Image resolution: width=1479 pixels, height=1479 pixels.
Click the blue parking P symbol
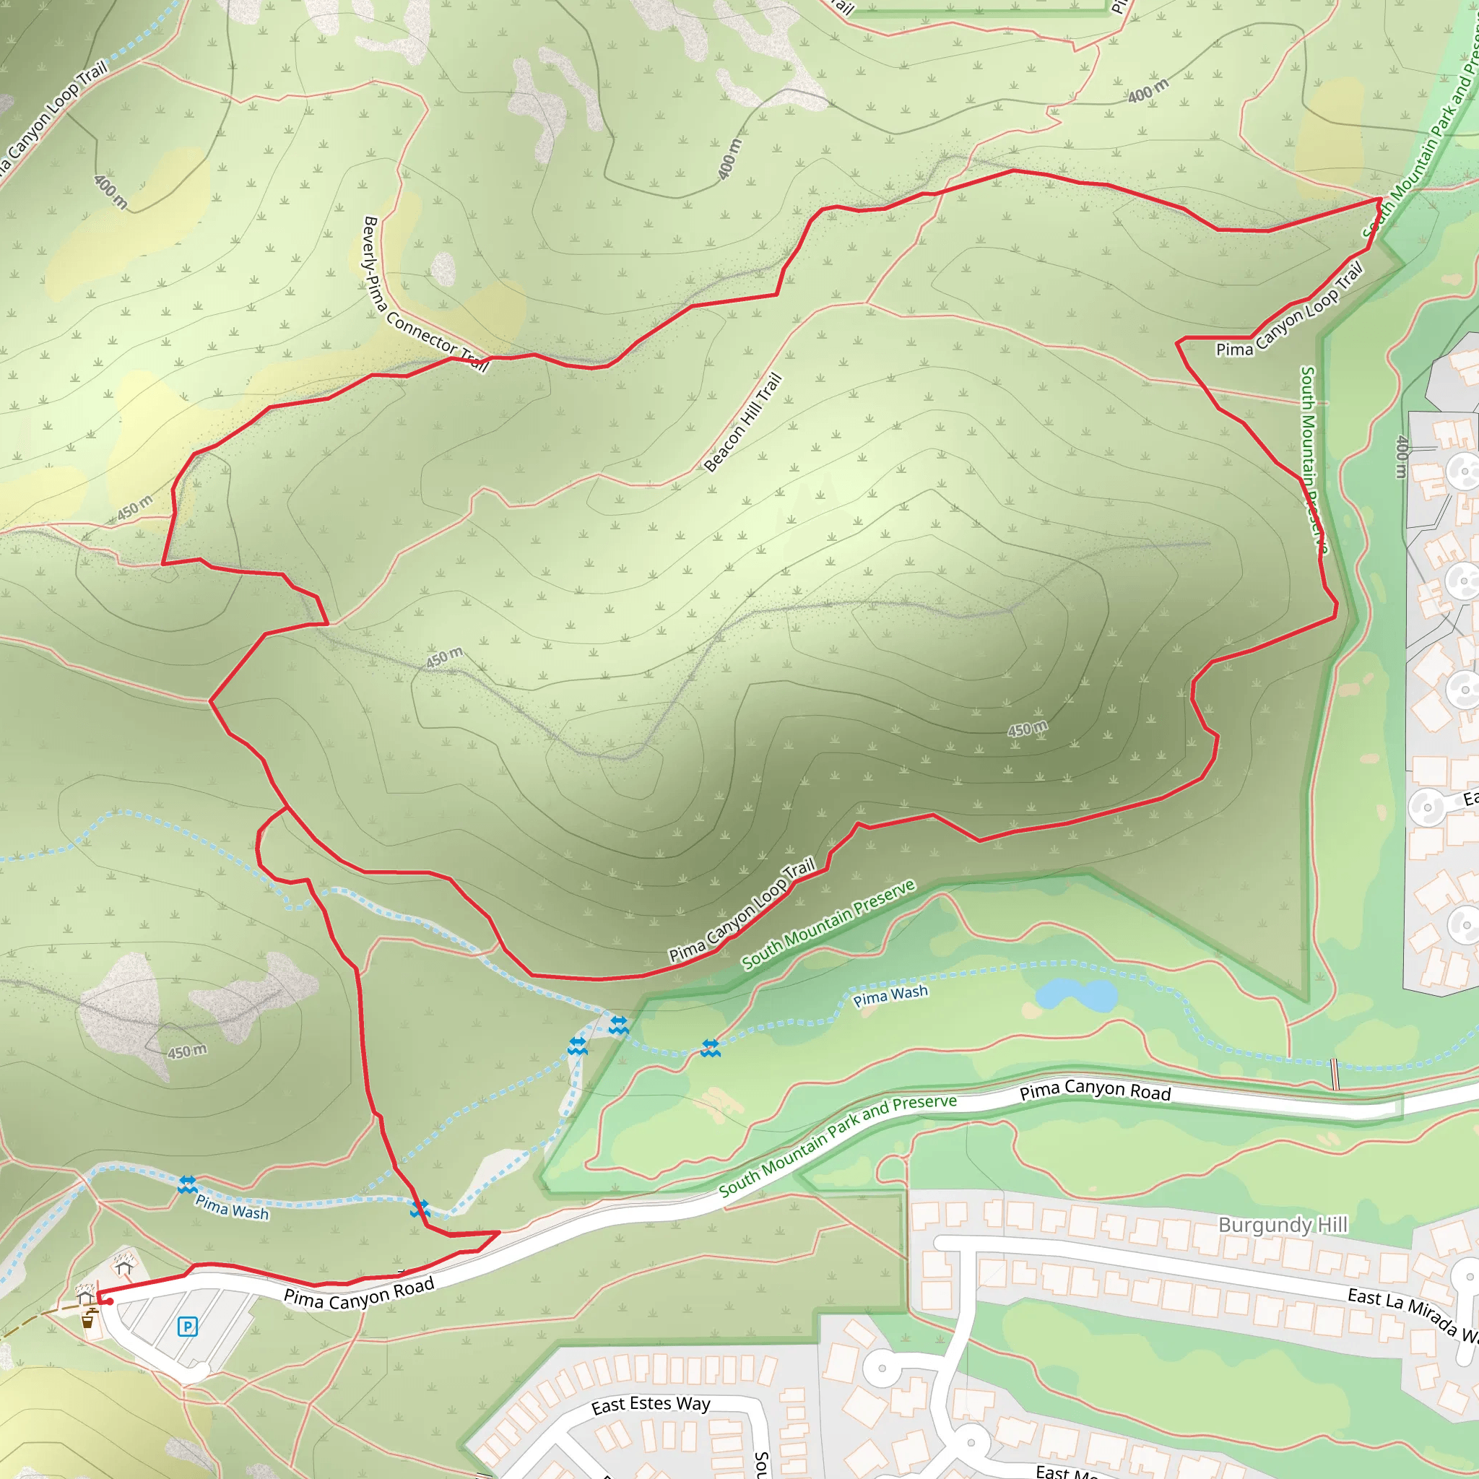pyautogui.click(x=188, y=1327)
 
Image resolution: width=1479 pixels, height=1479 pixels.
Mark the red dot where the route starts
pyautogui.click(x=110, y=1301)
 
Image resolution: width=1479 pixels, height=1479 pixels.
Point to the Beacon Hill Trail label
pyautogui.click(x=742, y=422)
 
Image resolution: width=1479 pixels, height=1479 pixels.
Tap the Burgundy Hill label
pyautogui.click(x=1283, y=1225)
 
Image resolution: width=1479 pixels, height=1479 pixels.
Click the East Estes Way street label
pyautogui.click(x=651, y=1405)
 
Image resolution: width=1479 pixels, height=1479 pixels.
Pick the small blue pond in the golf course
pyautogui.click(x=1076, y=996)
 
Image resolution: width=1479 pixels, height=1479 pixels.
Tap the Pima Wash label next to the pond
pyautogui.click(x=890, y=995)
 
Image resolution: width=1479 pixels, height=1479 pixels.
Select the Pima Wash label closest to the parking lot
pyautogui.click(x=232, y=1207)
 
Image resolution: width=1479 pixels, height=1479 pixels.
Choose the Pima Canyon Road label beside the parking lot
pyautogui.click(x=359, y=1293)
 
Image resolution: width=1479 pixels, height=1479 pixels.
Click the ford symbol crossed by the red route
pyautogui.click(x=420, y=1210)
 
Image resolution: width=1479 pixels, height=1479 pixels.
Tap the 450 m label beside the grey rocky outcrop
pyautogui.click(x=187, y=1051)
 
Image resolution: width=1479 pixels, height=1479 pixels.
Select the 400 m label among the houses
pyautogui.click(x=1402, y=456)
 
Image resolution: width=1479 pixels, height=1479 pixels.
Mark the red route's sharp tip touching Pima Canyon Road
pyautogui.click(x=499, y=1232)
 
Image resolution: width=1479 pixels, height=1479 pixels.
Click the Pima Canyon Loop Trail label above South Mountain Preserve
pyautogui.click(x=742, y=911)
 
